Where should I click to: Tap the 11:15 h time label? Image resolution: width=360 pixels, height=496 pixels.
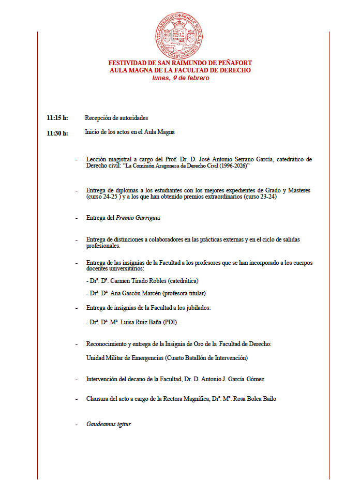(x=57, y=118)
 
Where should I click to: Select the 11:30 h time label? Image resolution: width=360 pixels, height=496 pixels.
(x=57, y=133)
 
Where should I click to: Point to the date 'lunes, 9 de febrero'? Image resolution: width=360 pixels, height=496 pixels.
(x=181, y=78)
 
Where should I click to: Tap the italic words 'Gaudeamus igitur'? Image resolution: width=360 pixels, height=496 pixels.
(x=109, y=424)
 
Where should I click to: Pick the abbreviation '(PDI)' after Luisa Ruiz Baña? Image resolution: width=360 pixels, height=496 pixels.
(x=172, y=322)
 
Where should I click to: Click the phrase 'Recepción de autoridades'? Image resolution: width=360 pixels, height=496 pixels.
(x=116, y=118)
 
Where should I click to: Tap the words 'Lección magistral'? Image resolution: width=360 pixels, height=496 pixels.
(x=109, y=159)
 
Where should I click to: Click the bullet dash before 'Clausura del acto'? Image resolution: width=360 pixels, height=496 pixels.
(x=77, y=399)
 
